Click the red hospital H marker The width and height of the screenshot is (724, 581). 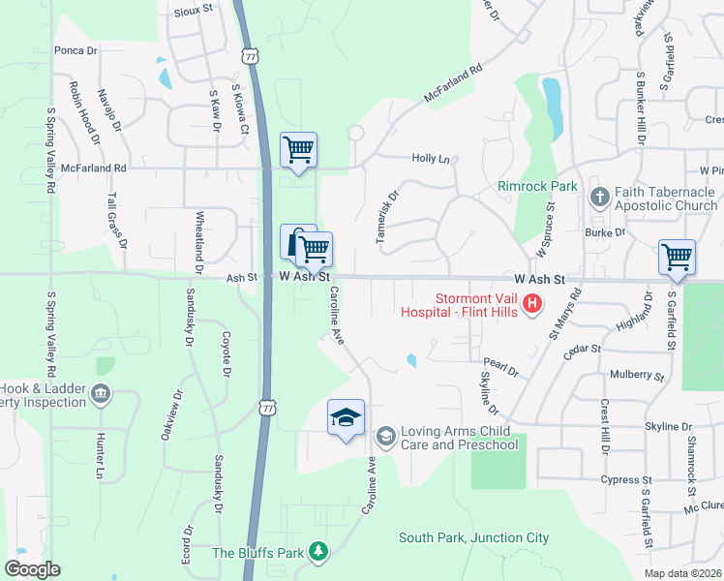point(531,305)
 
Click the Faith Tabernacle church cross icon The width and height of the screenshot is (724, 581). point(599,198)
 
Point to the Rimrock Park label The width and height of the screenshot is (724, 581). point(537,186)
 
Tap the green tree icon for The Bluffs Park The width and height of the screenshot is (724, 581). point(318,552)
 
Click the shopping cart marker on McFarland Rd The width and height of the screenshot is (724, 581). point(299,150)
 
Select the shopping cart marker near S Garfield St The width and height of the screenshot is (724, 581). point(677,258)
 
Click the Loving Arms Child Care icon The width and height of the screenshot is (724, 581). point(385,437)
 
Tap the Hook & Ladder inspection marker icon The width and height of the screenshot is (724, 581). point(101,393)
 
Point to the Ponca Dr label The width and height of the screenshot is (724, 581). point(76,49)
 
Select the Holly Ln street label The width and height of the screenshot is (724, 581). point(432,158)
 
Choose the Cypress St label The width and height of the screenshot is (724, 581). point(619,479)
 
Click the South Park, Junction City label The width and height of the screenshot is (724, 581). point(474,537)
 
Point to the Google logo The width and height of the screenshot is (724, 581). point(32,568)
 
